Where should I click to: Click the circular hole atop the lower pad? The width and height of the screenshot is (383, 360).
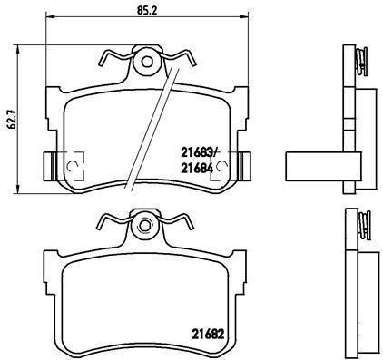click(142, 225)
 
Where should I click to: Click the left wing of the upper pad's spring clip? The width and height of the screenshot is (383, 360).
click(113, 58)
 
